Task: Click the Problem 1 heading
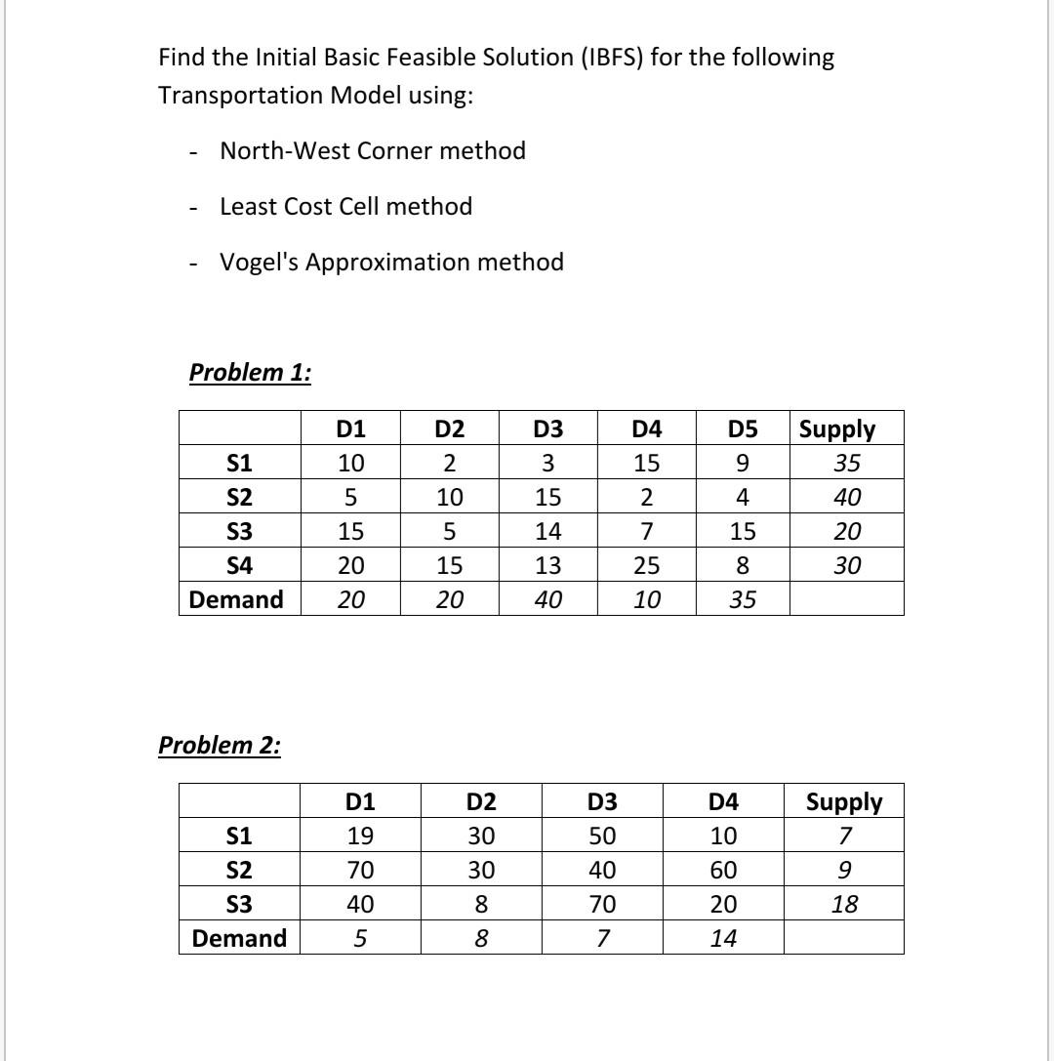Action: tap(250, 373)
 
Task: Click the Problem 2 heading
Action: tap(220, 746)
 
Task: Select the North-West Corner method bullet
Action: tap(373, 151)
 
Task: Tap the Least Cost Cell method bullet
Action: tap(345, 207)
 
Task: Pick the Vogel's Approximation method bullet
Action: tap(391, 263)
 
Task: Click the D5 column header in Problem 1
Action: tap(742, 429)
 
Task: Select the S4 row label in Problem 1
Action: tap(239, 565)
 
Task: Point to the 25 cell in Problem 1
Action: tap(646, 565)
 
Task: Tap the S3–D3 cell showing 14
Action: tap(547, 532)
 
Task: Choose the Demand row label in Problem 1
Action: tap(238, 599)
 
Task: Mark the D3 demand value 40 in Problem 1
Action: tap(547, 599)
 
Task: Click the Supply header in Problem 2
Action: tap(843, 802)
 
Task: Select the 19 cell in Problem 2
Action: tap(360, 837)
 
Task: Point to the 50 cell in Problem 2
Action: tap(602, 837)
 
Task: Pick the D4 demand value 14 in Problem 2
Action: tap(722, 939)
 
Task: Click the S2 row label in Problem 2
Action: tap(239, 871)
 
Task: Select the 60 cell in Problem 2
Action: tap(722, 871)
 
